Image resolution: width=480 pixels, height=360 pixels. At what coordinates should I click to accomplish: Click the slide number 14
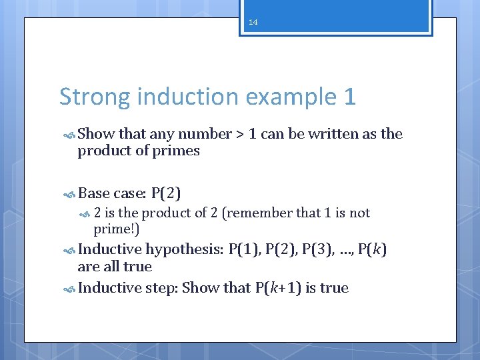pyautogui.click(x=253, y=22)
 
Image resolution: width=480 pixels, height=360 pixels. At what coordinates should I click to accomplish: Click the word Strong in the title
pyautogui.click(x=95, y=97)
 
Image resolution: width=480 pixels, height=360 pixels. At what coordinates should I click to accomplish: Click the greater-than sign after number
pyautogui.click(x=240, y=135)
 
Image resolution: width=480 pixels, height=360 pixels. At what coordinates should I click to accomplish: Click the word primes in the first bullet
pyautogui.click(x=179, y=151)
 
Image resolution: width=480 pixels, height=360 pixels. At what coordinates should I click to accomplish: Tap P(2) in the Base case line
pyautogui.click(x=166, y=194)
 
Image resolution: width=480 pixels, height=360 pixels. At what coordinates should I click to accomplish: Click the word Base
pyautogui.click(x=94, y=194)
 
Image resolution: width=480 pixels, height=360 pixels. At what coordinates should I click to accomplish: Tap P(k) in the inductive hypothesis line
pyautogui.click(x=372, y=251)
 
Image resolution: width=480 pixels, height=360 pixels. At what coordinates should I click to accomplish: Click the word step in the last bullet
pyautogui.click(x=161, y=288)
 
